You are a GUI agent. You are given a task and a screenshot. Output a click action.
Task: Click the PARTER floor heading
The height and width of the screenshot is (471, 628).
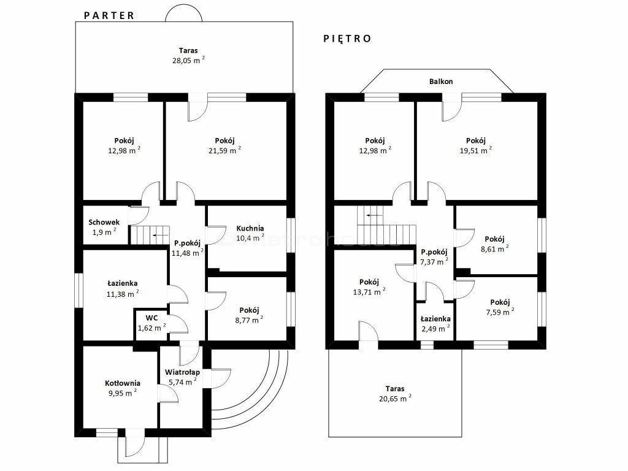109,15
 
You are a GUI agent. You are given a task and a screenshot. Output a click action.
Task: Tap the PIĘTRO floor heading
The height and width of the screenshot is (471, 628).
347,39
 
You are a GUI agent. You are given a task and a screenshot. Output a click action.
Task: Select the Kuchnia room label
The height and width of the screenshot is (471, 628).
250,228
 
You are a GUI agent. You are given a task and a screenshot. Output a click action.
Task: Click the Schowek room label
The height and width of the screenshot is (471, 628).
104,222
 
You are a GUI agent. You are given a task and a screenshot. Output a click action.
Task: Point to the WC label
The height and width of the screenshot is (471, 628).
151,318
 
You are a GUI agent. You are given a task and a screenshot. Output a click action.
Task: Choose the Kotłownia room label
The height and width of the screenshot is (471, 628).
123,383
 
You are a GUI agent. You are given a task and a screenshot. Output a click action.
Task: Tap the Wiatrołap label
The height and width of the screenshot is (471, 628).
182,372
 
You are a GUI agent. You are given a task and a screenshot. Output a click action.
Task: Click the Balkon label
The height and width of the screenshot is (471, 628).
441,82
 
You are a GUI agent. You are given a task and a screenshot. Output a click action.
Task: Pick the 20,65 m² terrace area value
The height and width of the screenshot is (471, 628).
395,398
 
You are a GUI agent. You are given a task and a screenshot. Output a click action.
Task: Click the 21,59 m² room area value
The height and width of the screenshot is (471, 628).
224,150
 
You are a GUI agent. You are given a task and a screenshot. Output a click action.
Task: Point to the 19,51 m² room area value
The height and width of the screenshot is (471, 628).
476,150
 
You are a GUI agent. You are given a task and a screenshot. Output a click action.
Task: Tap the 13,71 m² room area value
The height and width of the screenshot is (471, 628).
369,291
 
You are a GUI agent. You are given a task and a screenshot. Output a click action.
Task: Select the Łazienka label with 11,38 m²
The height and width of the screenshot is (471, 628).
123,283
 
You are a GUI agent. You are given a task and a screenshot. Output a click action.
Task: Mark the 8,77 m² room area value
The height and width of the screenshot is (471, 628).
249,320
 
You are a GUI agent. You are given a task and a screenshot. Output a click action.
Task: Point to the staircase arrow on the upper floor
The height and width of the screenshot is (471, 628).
374,215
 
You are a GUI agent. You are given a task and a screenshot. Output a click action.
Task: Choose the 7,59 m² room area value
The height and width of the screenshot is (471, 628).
500,312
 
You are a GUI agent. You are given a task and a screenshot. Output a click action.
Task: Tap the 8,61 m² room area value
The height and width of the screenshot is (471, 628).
495,248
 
